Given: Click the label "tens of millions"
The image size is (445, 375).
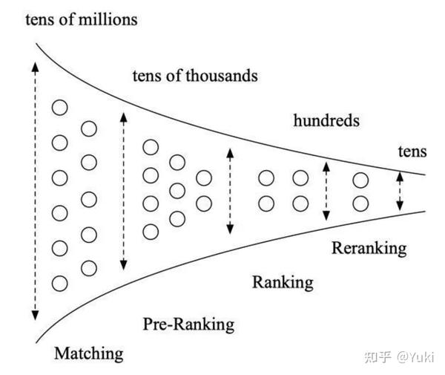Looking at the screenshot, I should tap(81, 19).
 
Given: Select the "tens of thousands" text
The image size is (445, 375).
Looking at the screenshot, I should tap(194, 75).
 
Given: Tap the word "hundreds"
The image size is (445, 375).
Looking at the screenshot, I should tap(326, 120).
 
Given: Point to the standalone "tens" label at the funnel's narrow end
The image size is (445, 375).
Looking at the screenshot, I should tap(412, 151).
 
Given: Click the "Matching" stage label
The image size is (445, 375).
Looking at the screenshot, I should tap(89, 353).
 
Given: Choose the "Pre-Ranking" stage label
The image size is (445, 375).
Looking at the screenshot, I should tap(188, 324).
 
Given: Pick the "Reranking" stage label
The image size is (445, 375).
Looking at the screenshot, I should tap(369, 248).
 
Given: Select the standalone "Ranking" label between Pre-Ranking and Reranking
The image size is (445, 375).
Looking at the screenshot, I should tap(283, 282).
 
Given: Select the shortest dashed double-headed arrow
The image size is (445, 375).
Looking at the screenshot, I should tap(400, 192).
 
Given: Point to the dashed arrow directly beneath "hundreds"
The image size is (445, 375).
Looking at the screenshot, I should tap(325, 191).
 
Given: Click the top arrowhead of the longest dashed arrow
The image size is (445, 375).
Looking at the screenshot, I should tap(34, 65).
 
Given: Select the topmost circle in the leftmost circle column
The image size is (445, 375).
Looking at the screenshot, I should tap(59, 108).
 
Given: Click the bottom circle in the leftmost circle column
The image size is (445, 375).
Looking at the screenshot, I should tap(59, 283).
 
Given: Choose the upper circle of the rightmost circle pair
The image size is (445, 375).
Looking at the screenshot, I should tap(360, 180).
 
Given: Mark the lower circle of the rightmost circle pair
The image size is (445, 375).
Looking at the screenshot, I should tap(360, 203).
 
